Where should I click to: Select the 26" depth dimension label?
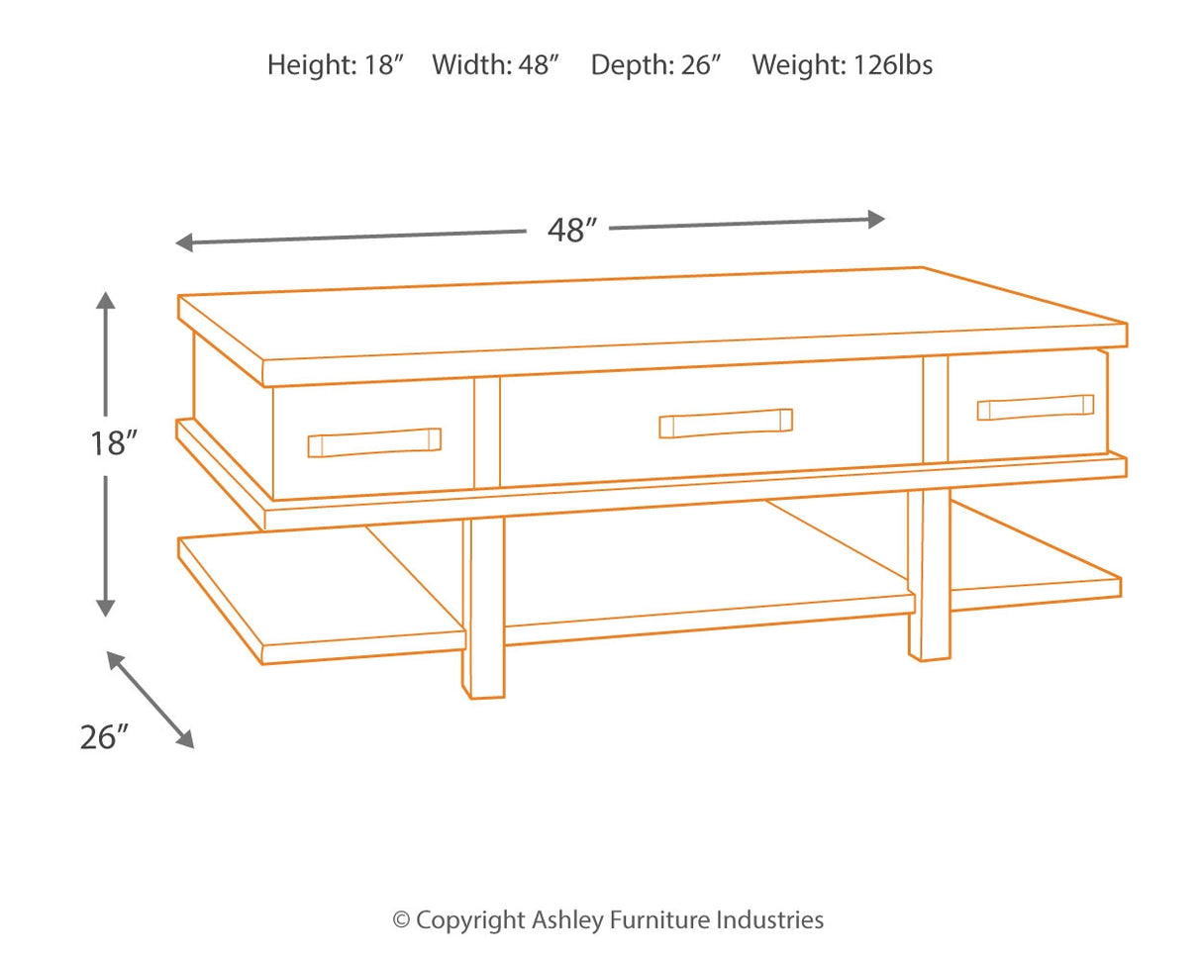pos(105,736)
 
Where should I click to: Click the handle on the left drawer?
pos(374,442)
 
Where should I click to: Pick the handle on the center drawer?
pos(726,423)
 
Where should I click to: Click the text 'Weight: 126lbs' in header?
pos(842,65)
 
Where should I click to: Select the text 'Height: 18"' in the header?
pos(336,65)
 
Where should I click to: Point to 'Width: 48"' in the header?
pos(496,65)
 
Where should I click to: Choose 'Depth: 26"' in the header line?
pos(655,65)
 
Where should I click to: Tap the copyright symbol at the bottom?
pos(401,920)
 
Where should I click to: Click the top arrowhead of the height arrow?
pos(106,299)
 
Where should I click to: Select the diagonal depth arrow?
pos(150,699)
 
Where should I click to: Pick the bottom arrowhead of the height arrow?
pos(106,609)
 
